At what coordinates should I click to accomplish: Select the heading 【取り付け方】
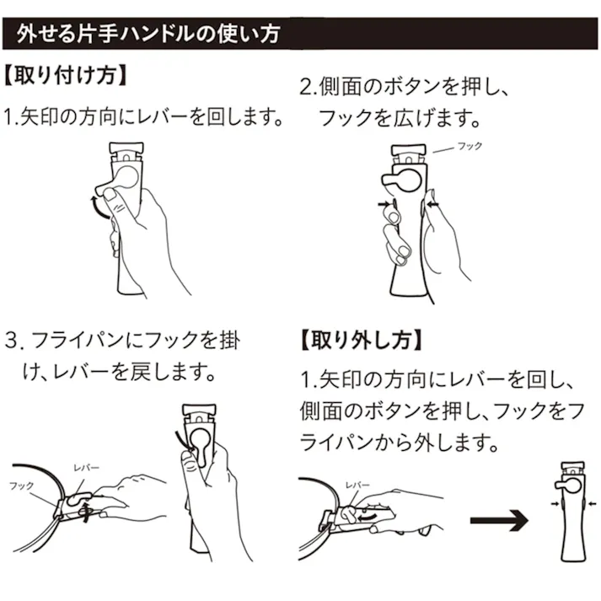coord(66,77)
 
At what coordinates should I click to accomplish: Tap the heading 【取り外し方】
coord(357,341)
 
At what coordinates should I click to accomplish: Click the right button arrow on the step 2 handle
coord(435,204)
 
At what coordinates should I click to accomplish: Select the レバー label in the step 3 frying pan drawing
coord(86,466)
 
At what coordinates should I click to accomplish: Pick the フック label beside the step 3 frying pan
coord(21,486)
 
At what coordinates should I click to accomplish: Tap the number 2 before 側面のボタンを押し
coord(307,87)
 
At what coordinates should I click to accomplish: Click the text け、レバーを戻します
coord(118,371)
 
